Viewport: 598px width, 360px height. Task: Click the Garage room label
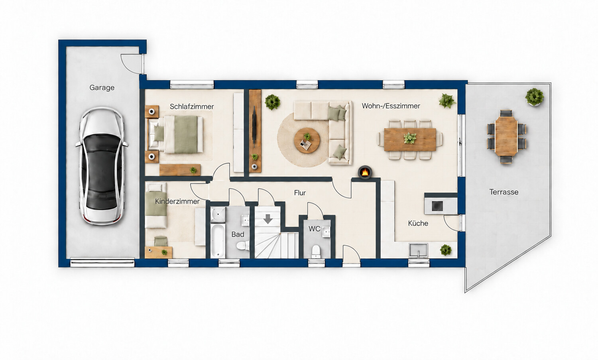click(x=102, y=88)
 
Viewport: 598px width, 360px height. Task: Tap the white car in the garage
click(x=102, y=166)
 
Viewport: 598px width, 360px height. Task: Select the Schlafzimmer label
click(x=192, y=106)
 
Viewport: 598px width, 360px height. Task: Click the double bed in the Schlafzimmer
click(x=176, y=134)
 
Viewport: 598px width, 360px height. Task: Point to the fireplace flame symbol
click(x=365, y=172)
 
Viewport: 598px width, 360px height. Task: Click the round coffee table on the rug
click(x=307, y=140)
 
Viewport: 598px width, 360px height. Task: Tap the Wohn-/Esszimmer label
click(x=391, y=106)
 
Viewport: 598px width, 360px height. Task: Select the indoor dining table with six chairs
click(x=410, y=140)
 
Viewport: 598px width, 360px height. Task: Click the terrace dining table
click(x=506, y=136)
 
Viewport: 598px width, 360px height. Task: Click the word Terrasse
click(x=504, y=192)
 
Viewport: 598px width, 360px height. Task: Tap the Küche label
click(x=418, y=223)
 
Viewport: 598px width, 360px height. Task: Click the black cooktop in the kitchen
click(x=437, y=206)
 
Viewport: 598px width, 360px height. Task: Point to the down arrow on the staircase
click(x=268, y=219)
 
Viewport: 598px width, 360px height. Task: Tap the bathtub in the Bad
click(x=218, y=241)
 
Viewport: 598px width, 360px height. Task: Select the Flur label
click(x=300, y=193)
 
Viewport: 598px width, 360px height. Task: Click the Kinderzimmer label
click(x=177, y=201)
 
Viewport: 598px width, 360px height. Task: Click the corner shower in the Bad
click(x=218, y=215)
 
